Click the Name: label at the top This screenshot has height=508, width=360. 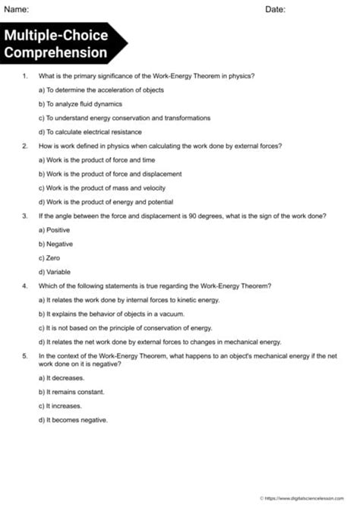[17, 9]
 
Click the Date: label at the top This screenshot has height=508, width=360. [276, 9]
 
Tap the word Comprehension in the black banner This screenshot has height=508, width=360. [56, 52]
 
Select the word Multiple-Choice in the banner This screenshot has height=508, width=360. [56, 36]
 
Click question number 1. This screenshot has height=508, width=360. [25, 76]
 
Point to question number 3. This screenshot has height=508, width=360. [25, 216]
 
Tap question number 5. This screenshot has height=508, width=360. [25, 355]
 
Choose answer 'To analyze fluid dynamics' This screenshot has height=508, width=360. [80, 104]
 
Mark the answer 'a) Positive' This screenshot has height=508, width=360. [54, 229]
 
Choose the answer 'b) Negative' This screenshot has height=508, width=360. [55, 244]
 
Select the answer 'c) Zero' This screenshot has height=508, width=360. [49, 257]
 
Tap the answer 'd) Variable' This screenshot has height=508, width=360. [54, 271]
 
